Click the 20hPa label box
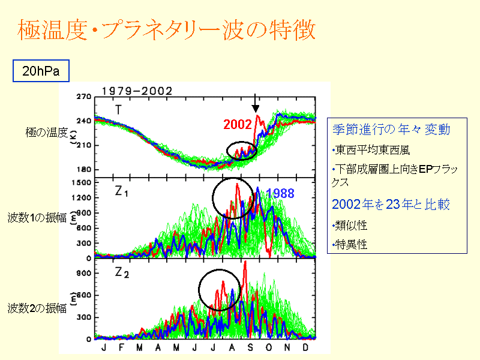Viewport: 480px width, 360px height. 40,71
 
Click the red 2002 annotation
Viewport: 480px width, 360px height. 237,124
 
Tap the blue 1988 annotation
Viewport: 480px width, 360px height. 280,193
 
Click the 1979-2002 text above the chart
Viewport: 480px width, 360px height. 137,91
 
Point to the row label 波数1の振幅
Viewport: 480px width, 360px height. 37,215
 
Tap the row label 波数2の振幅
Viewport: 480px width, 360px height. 37,309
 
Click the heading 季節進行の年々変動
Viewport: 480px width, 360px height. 391,130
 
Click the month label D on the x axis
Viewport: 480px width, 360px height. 307,347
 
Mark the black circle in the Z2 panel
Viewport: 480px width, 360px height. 220,290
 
